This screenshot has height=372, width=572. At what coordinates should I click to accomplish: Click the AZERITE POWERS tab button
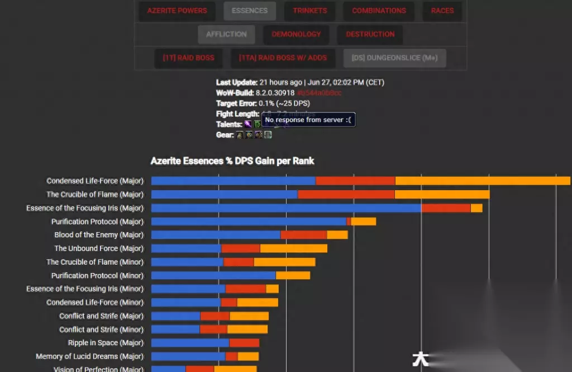coord(177,11)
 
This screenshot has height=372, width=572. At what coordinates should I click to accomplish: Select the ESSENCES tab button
coord(249,11)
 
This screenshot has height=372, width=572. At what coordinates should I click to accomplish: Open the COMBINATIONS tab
coord(379,11)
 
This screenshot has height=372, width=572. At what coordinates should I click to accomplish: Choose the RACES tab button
coord(442,11)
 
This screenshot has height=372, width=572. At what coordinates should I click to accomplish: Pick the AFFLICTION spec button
coord(226,34)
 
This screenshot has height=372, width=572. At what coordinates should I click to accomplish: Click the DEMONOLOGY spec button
coord(296,34)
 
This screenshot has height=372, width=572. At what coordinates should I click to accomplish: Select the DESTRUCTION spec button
coord(370,34)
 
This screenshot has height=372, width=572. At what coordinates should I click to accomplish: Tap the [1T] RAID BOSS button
coord(188,58)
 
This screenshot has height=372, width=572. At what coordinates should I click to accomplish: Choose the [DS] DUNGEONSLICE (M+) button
coord(394,58)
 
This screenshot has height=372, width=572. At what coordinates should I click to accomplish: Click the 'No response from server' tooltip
coord(308,120)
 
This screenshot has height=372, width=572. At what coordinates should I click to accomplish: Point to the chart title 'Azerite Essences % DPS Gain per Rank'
coord(232,161)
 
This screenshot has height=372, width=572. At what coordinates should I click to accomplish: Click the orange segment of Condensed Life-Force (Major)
coord(483,181)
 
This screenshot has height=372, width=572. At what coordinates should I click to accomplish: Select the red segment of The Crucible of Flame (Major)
coord(346,194)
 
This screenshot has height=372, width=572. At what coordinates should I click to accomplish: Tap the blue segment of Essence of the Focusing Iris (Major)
coord(286,208)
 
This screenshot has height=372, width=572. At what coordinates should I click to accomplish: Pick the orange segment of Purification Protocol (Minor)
coord(293,275)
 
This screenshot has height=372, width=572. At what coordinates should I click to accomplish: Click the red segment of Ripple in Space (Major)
coord(244,343)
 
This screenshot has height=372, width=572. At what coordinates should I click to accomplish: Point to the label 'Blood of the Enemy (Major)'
coord(99,235)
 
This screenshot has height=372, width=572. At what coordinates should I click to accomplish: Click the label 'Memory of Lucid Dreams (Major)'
coord(89,356)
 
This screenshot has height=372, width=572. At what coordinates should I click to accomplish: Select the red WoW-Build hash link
coord(320,93)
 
